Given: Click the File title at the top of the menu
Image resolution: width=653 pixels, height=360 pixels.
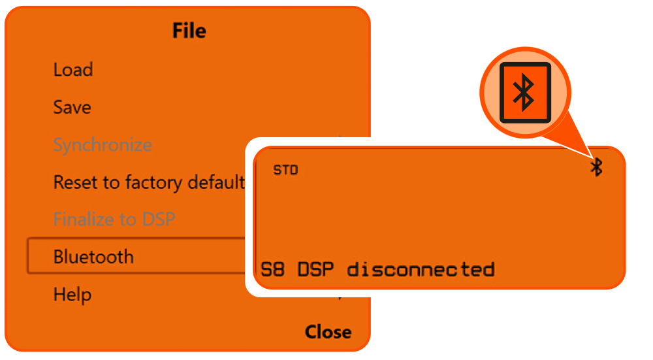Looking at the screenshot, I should (189, 31).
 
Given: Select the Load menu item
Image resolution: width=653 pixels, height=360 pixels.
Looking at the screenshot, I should (73, 70).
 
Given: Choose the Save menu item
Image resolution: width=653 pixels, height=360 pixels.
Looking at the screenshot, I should (72, 107).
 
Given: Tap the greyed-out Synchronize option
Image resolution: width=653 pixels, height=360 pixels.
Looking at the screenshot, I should (103, 144).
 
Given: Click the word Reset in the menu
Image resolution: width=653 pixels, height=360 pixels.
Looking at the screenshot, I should (73, 182).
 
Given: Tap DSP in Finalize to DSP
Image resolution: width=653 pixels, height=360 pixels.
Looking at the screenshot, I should (159, 219).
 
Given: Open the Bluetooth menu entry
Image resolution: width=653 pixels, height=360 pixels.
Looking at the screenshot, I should (93, 257).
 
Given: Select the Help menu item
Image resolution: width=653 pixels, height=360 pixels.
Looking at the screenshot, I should (72, 295).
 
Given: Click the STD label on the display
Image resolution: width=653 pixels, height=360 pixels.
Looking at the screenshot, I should (285, 171).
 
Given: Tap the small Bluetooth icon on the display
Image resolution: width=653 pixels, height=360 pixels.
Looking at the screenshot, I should (596, 167).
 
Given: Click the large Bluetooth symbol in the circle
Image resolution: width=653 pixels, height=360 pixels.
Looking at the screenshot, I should (525, 93).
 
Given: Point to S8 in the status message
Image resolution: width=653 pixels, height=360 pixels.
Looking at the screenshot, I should (273, 269).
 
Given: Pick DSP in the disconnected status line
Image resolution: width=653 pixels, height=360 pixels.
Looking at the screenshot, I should (316, 269).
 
